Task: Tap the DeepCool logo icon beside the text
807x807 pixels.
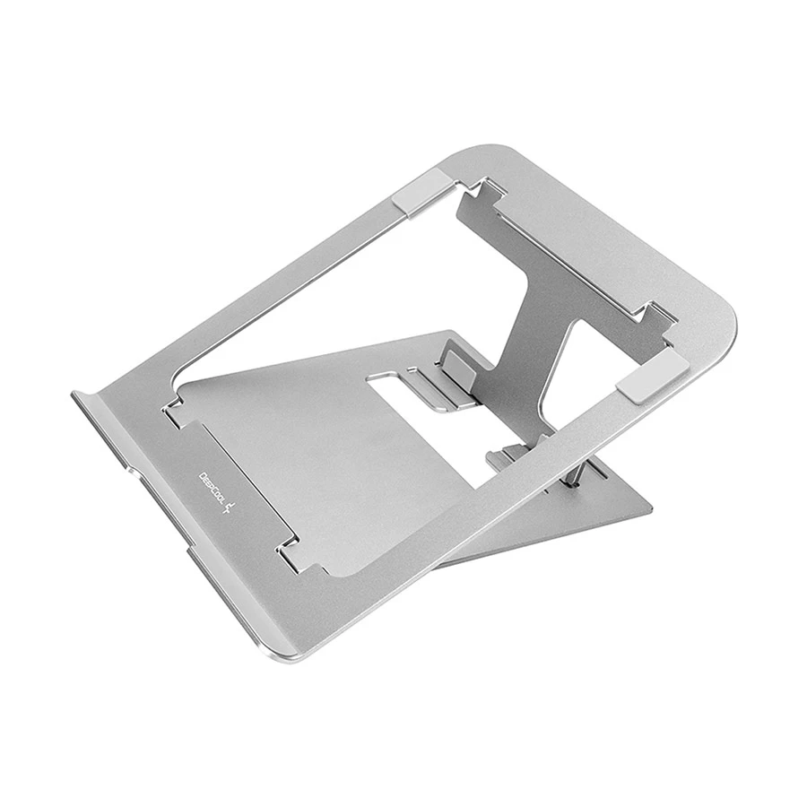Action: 230,508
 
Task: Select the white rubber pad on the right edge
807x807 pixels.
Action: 652,375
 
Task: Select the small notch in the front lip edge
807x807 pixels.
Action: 132,472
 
